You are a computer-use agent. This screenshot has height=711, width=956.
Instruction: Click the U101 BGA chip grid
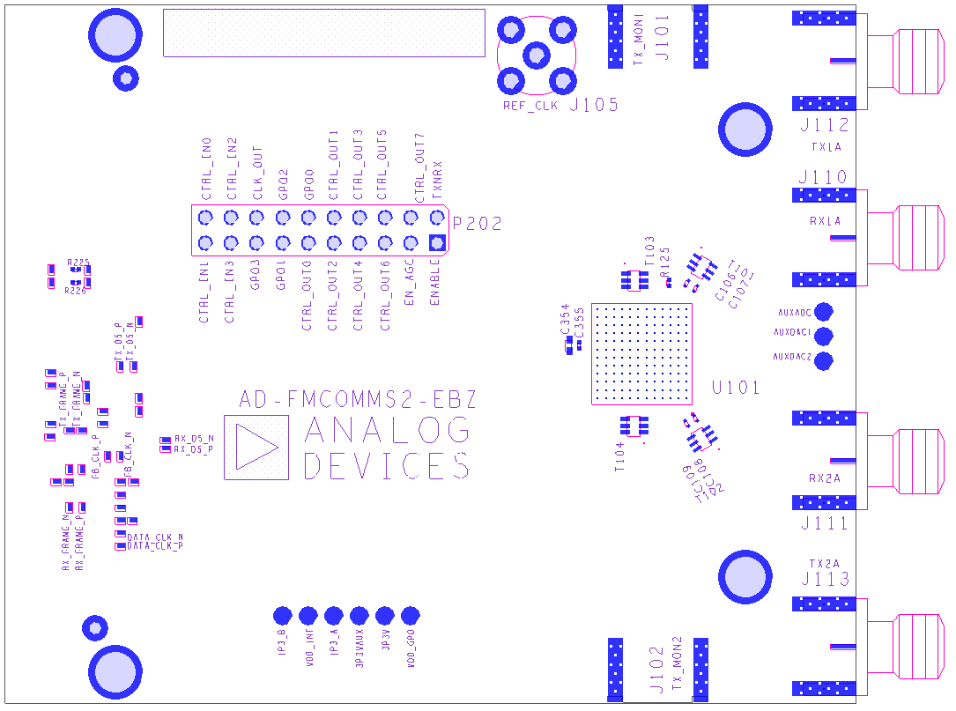coord(642,353)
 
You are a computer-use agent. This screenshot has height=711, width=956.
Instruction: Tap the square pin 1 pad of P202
coord(436,243)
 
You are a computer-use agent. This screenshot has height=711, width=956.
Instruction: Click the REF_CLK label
coord(530,107)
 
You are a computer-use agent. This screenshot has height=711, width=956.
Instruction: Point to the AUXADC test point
coord(825,311)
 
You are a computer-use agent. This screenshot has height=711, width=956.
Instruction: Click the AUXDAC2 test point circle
coord(825,360)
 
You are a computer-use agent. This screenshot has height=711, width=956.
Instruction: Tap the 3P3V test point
coord(384,615)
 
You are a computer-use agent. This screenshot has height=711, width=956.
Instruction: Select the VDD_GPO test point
coord(410,615)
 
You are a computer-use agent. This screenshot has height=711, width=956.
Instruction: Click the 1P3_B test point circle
coord(282,615)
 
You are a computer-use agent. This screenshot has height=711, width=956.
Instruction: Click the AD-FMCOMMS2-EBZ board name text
coord(358,400)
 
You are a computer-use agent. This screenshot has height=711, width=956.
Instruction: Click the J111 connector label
coord(825,523)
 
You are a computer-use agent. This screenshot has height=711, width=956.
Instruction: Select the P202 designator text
coord(477,224)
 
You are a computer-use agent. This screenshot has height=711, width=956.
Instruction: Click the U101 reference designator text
coord(735,387)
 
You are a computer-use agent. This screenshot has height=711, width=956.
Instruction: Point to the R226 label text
coord(76,291)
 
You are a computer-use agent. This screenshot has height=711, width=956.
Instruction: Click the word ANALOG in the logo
coord(387,431)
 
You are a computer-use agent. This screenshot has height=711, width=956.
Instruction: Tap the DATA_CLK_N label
coord(155,537)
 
